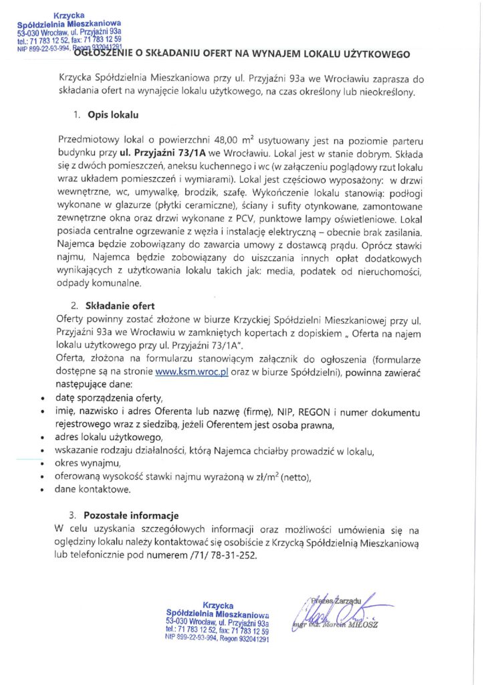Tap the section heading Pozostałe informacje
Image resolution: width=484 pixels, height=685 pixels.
131,516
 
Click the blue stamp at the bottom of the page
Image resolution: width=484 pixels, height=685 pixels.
217,620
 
